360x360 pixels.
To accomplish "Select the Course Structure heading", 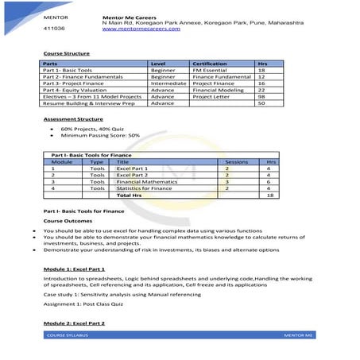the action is click(65, 54).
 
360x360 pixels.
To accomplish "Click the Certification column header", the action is click(209, 63).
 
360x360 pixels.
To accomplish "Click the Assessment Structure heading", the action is click(72, 118).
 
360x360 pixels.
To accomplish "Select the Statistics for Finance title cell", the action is click(144, 188).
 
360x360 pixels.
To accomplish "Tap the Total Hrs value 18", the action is click(271, 195).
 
